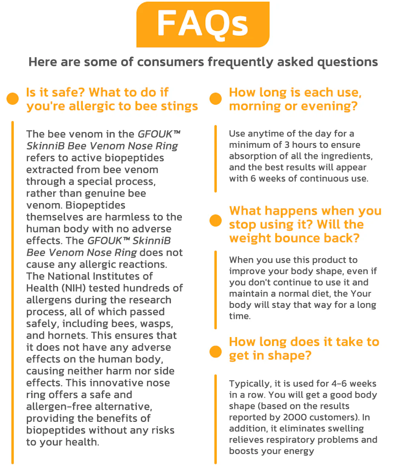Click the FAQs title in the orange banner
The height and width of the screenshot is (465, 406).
[203, 24]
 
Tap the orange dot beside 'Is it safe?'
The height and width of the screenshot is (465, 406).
[13, 99]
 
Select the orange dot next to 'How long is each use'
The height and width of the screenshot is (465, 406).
[216, 99]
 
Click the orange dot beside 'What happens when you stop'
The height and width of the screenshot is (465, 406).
[216, 221]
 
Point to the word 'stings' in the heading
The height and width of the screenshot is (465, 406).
[178, 106]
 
